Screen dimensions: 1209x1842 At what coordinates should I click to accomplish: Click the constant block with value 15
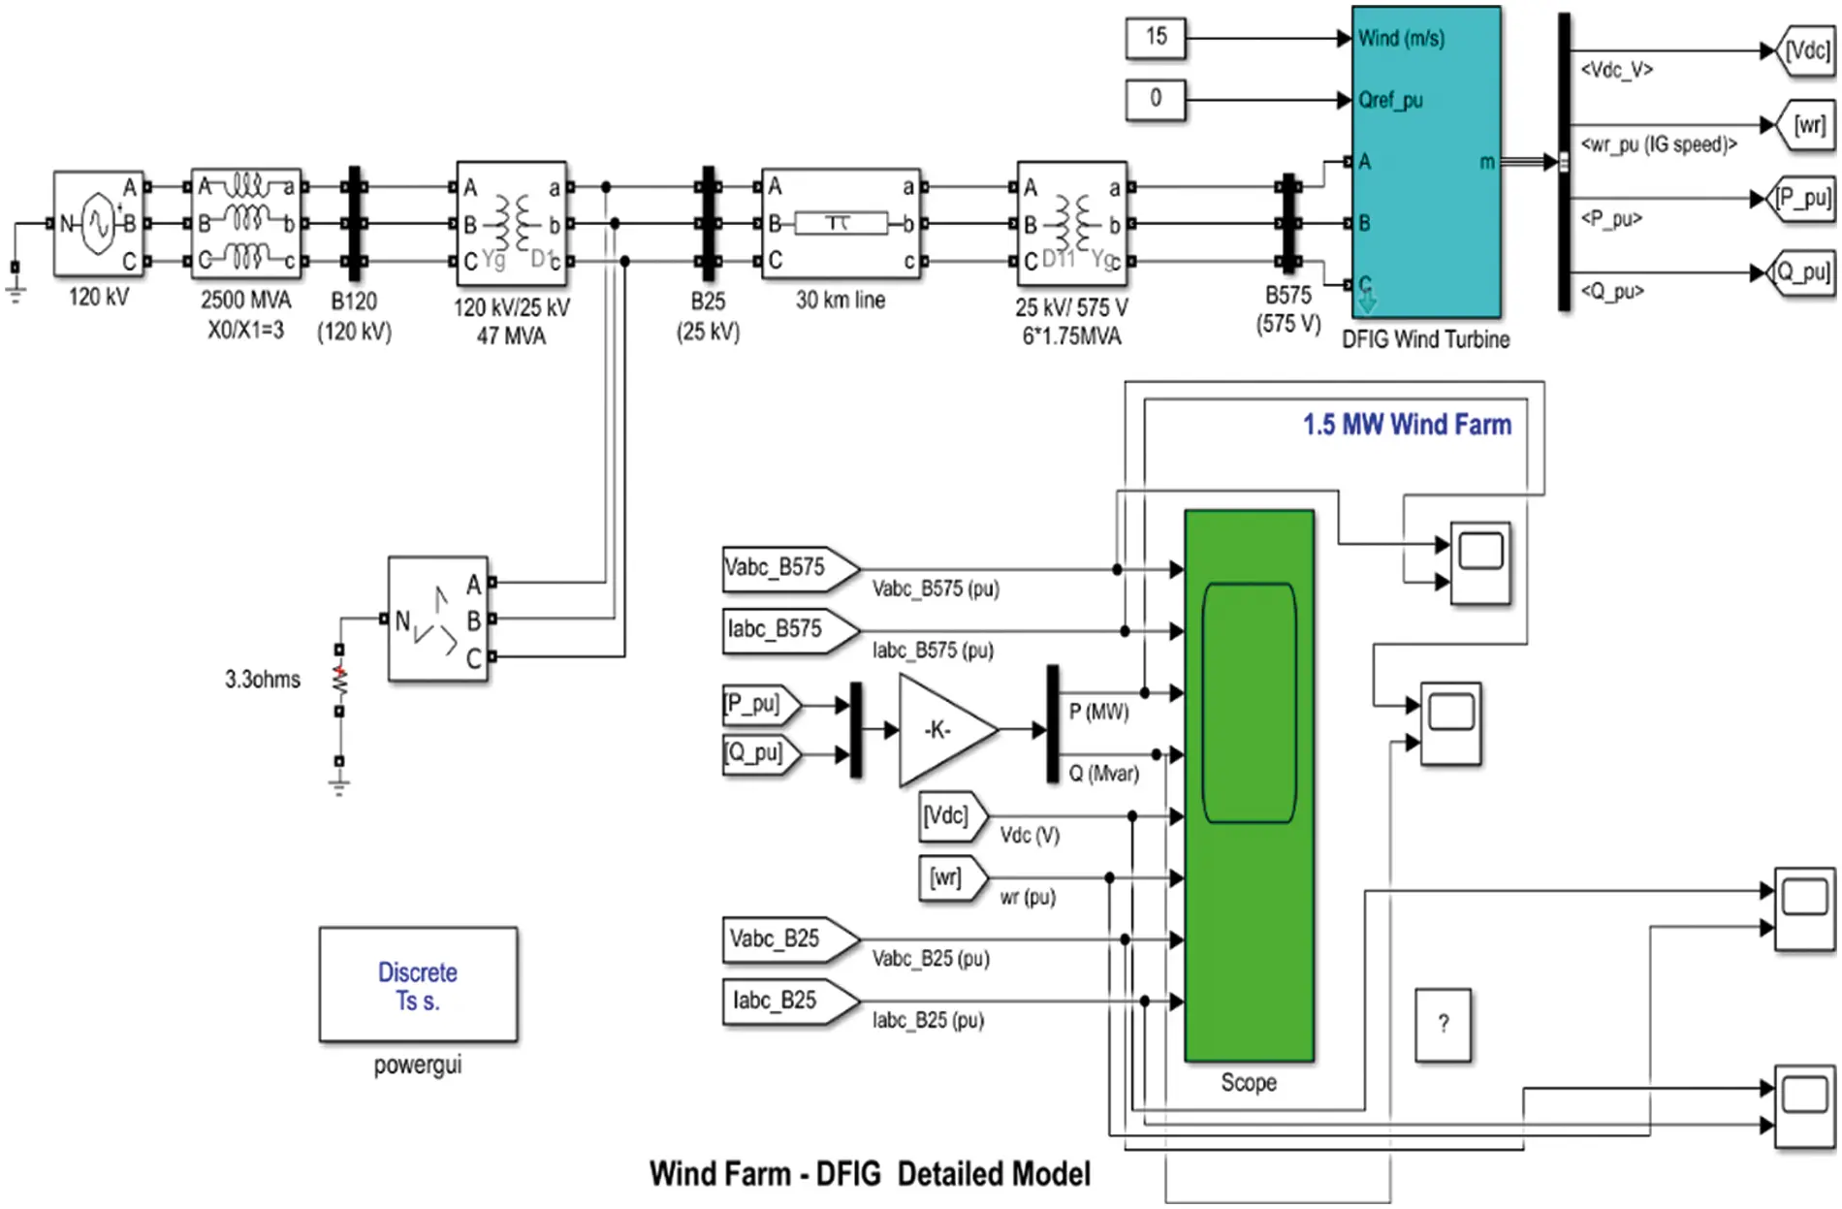pos(1155,38)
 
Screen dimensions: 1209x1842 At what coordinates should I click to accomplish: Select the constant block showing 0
pos(1155,99)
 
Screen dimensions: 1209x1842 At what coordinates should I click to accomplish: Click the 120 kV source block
pos(98,224)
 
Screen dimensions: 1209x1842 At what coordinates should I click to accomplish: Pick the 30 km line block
pos(840,224)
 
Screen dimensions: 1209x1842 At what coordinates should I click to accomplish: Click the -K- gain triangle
pos(941,729)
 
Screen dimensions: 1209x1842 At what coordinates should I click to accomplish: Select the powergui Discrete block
pos(418,985)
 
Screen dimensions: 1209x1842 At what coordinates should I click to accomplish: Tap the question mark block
pos(1443,1025)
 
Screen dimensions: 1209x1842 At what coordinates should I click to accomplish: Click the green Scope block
pos(1249,785)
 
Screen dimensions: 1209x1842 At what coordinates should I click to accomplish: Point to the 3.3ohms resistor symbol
pos(339,681)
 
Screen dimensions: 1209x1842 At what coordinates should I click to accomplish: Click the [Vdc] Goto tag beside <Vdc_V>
pos(1806,51)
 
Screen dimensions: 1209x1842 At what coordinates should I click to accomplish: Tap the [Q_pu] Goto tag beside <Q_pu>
pos(1803,272)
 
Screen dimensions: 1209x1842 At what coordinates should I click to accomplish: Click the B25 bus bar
pos(709,223)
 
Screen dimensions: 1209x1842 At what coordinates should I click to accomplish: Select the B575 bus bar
pos(1288,225)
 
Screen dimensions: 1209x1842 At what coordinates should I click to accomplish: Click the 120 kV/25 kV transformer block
pos(511,224)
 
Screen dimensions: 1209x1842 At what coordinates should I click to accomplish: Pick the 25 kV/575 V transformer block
pos(1071,224)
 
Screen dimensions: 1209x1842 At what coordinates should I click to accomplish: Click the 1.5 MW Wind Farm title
pos(1406,425)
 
